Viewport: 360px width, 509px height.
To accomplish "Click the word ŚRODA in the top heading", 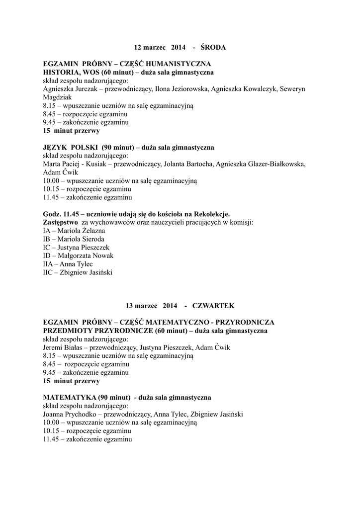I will [x=213, y=48].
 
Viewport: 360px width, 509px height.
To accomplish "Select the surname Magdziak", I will [x=58, y=98].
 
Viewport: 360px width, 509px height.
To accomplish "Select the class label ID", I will [x=47, y=256].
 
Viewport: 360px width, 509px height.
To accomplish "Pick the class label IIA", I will [x=48, y=264].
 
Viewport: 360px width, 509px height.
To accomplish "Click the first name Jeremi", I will [x=54, y=348].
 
